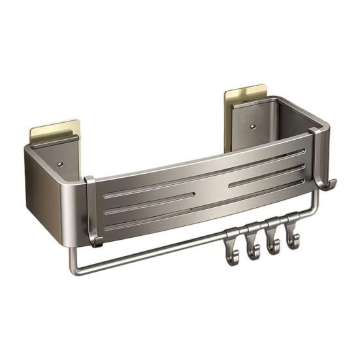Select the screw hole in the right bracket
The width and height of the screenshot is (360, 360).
(254, 122)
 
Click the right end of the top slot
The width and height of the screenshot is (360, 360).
(302, 152)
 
